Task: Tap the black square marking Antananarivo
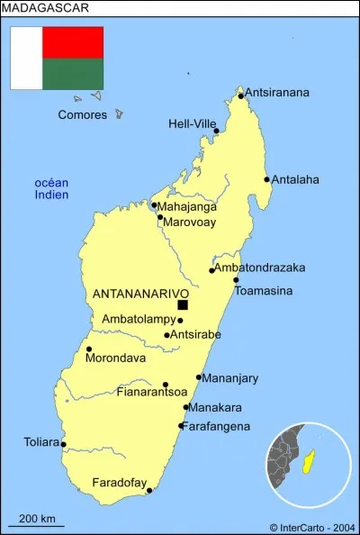183,304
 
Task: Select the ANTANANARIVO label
140,294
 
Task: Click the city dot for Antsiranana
241,95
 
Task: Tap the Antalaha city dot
267,179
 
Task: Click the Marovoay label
191,218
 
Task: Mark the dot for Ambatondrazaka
212,270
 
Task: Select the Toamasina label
263,291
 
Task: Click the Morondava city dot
89,349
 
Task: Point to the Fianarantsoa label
152,392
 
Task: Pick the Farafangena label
217,426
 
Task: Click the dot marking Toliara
63,444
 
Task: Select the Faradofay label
119,484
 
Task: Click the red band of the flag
73,42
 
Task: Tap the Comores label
82,114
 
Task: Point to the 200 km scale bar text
37,518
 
